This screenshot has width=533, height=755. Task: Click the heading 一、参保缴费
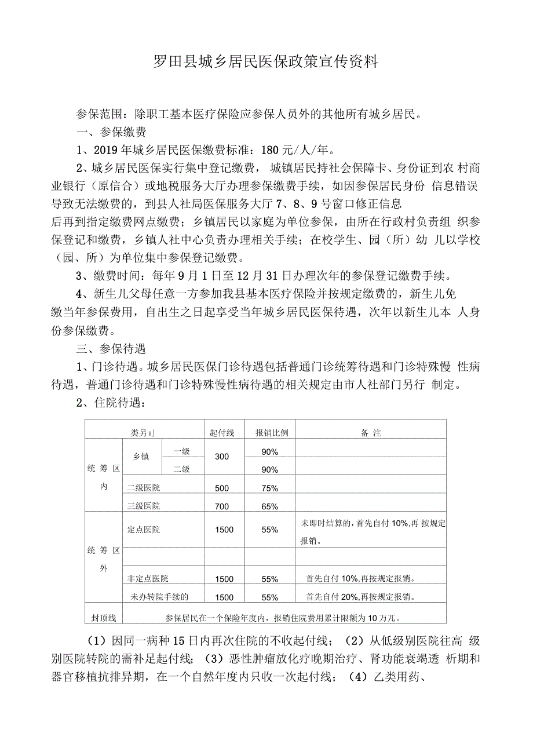[x=111, y=132]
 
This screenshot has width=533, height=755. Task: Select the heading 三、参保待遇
[x=111, y=349]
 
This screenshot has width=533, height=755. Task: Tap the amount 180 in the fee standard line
[x=271, y=151]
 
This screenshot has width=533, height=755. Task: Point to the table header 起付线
[x=222, y=433]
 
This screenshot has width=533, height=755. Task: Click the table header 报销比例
[x=272, y=433]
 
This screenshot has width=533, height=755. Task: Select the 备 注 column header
[x=371, y=433]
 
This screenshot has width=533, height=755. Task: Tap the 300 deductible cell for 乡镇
[x=222, y=457]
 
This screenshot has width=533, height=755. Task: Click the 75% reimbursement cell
[x=270, y=488]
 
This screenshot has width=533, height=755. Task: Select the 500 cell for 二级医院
[x=222, y=488]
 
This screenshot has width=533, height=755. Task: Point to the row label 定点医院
[x=144, y=530]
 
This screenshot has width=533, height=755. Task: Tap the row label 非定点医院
[x=148, y=579]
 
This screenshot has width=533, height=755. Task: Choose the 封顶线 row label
[x=104, y=618]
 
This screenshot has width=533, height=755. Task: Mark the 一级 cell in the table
[x=182, y=451]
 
